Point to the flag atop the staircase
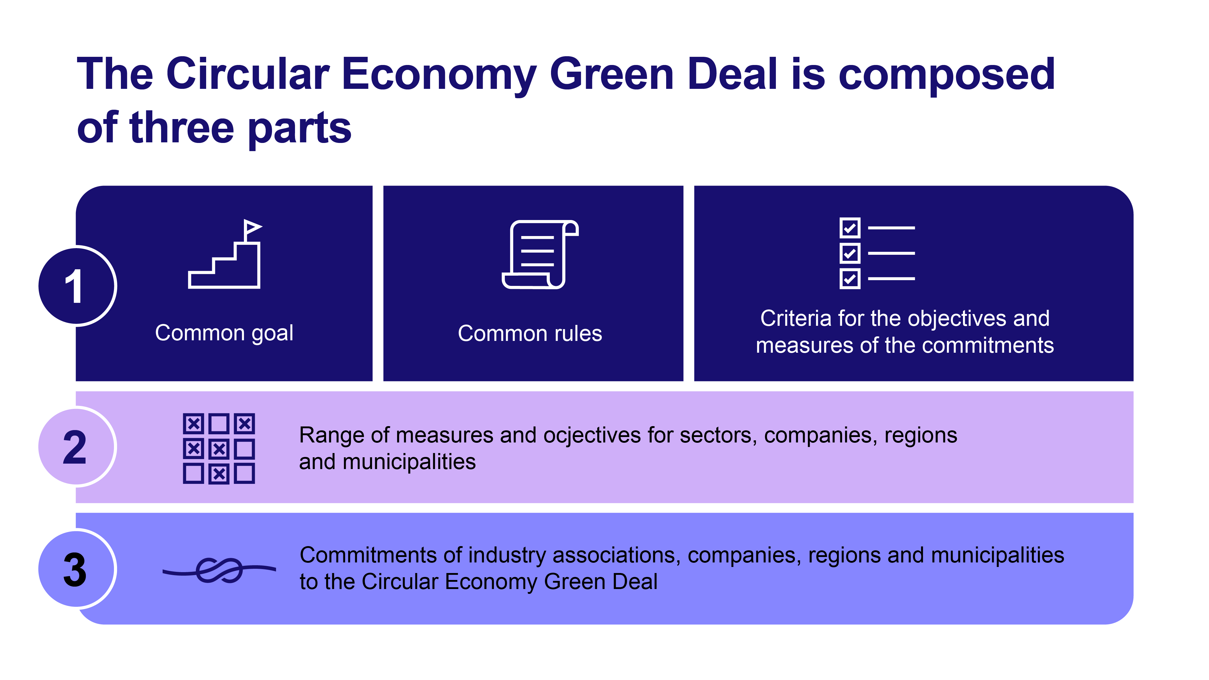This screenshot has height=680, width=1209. pos(252,228)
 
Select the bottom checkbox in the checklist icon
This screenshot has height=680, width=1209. pos(850,279)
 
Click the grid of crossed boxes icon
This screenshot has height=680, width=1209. pos(219,448)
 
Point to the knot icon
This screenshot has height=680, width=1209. pos(219,570)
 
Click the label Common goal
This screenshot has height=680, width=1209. pos(224,333)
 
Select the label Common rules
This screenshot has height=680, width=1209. pos(530,333)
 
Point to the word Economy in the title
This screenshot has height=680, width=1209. pos(439,74)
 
